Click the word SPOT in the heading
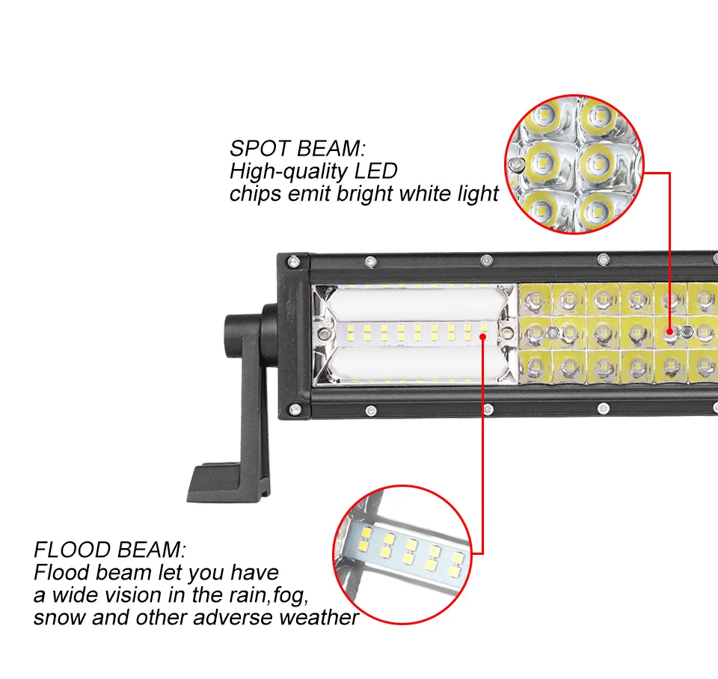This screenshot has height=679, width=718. pyautogui.click(x=260, y=148)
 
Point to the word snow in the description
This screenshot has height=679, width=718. pyautogui.click(x=59, y=617)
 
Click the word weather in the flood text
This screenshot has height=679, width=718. pyautogui.click(x=319, y=617)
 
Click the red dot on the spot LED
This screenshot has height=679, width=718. pyautogui.click(x=669, y=331)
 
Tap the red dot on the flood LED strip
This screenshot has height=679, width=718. pyautogui.click(x=482, y=337)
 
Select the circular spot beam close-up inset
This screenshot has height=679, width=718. pyautogui.click(x=574, y=165)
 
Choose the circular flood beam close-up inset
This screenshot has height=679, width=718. pyautogui.click(x=402, y=554)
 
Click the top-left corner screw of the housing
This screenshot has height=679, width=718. pyautogui.click(x=293, y=262)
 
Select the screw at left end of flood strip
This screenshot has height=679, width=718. pyautogui.click(x=325, y=334)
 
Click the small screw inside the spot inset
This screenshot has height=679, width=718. pyautogui.click(x=518, y=165)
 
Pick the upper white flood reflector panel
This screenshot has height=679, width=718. pyautogui.click(x=413, y=302)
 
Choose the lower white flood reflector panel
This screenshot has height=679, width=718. pyautogui.click(x=413, y=363)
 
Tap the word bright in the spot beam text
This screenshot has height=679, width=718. pyautogui.click(x=365, y=194)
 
